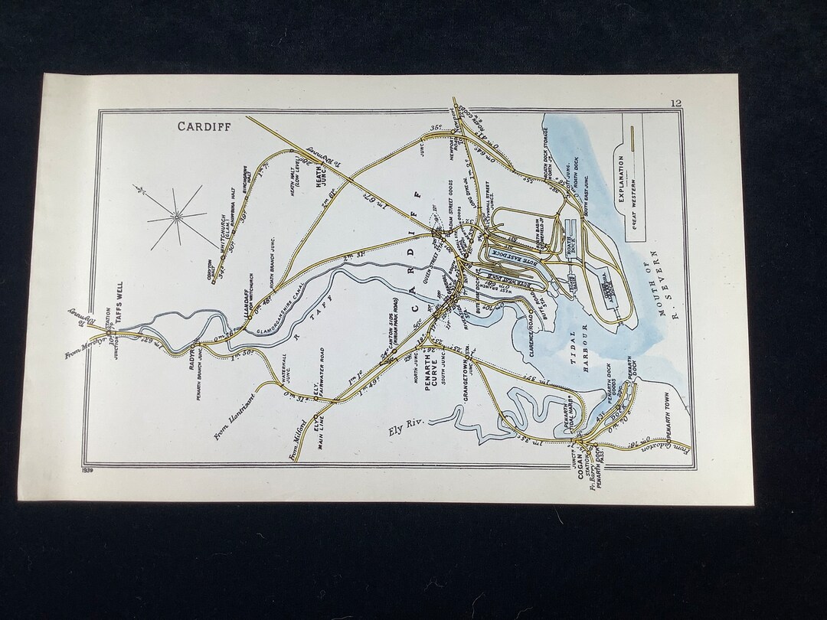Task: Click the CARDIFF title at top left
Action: (199, 126)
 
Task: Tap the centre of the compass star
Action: (176, 217)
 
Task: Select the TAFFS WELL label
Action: (119, 302)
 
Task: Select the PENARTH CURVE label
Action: (433, 387)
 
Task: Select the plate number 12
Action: (675, 103)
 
